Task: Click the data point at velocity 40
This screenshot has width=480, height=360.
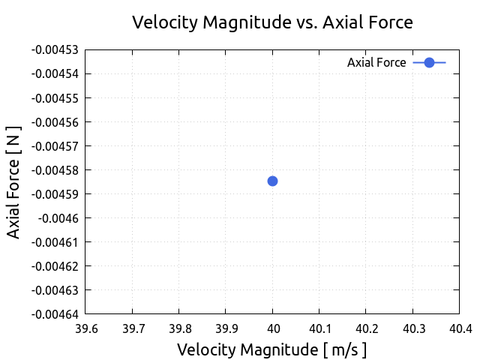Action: tap(272, 181)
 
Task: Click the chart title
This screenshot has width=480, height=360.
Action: tap(272, 22)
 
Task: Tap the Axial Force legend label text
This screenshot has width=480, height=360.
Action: tap(376, 63)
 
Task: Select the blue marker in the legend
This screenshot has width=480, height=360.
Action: tap(429, 62)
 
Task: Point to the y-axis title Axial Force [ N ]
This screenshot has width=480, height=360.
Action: tap(14, 181)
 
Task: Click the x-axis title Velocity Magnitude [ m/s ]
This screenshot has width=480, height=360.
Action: tap(271, 349)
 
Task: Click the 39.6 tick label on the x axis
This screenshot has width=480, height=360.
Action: tap(85, 328)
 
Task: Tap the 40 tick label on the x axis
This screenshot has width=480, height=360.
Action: tap(272, 328)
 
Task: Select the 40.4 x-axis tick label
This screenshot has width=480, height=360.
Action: tap(459, 328)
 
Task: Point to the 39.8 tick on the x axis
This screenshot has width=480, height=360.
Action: tap(179, 328)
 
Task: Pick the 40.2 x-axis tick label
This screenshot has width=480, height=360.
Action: tap(365, 328)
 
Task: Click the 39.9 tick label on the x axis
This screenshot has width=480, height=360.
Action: tap(226, 328)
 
